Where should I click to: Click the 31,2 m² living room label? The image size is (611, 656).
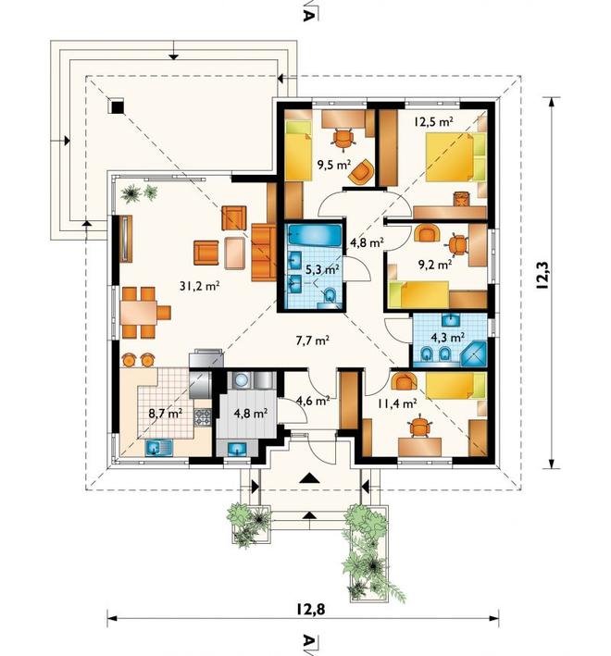tap(200, 286)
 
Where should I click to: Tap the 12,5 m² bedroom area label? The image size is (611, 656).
tap(434, 122)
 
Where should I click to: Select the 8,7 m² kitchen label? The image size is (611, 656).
tap(166, 414)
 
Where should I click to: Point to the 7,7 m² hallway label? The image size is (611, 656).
tap(312, 340)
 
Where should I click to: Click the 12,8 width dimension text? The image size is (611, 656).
tap(311, 610)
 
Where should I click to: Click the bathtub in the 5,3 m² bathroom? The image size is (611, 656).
tap(315, 236)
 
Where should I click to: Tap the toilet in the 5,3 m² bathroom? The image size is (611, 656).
tap(330, 296)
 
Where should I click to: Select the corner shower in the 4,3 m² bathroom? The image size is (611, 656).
tap(474, 354)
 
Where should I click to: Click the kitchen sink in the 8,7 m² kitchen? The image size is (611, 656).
tap(159, 448)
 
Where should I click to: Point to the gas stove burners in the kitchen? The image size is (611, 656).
tap(203, 417)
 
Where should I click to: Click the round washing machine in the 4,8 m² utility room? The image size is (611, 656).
tap(241, 380)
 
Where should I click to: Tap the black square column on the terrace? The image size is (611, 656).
tap(118, 107)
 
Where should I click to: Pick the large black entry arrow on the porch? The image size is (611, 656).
tap(310, 477)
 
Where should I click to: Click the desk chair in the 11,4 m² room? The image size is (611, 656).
tap(419, 427)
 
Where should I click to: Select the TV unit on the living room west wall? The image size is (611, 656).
tap(126, 239)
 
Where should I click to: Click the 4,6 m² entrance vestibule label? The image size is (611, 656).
tap(313, 401)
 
